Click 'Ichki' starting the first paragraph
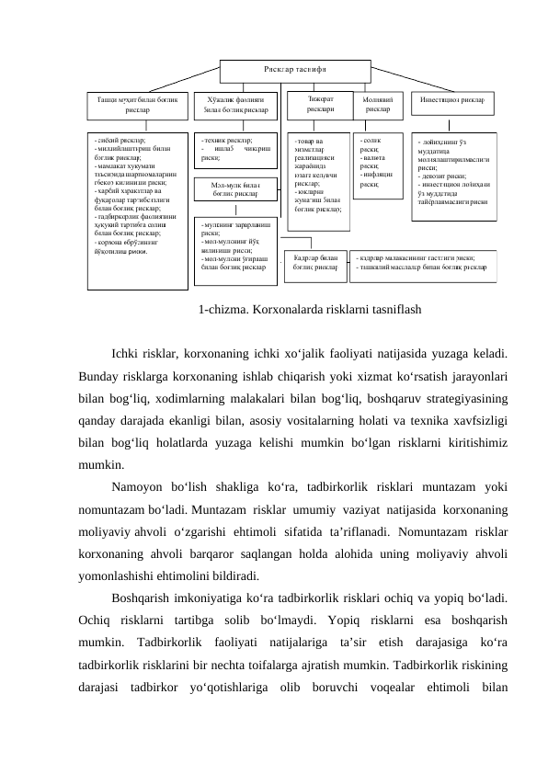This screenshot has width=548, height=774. (125, 353)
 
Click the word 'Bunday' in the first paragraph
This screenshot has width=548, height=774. (100, 376)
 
